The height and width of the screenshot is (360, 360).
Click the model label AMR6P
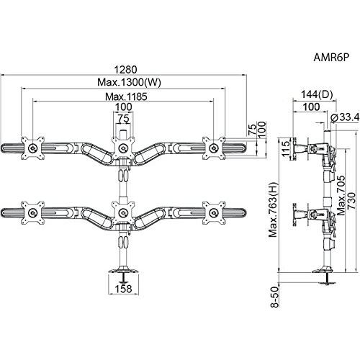point(330,58)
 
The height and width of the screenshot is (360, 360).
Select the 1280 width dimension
point(125,70)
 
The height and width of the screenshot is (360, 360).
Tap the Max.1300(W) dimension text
point(129,82)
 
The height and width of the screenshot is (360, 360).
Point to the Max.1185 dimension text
point(126,96)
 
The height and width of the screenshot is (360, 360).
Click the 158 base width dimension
point(124,289)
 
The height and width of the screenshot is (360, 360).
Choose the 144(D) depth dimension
point(317,94)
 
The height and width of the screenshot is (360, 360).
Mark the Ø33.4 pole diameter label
point(345,117)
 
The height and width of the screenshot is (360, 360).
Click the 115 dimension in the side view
point(286,149)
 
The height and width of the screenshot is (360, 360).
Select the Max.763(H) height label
point(273,210)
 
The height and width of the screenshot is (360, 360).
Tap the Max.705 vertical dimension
point(341,195)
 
